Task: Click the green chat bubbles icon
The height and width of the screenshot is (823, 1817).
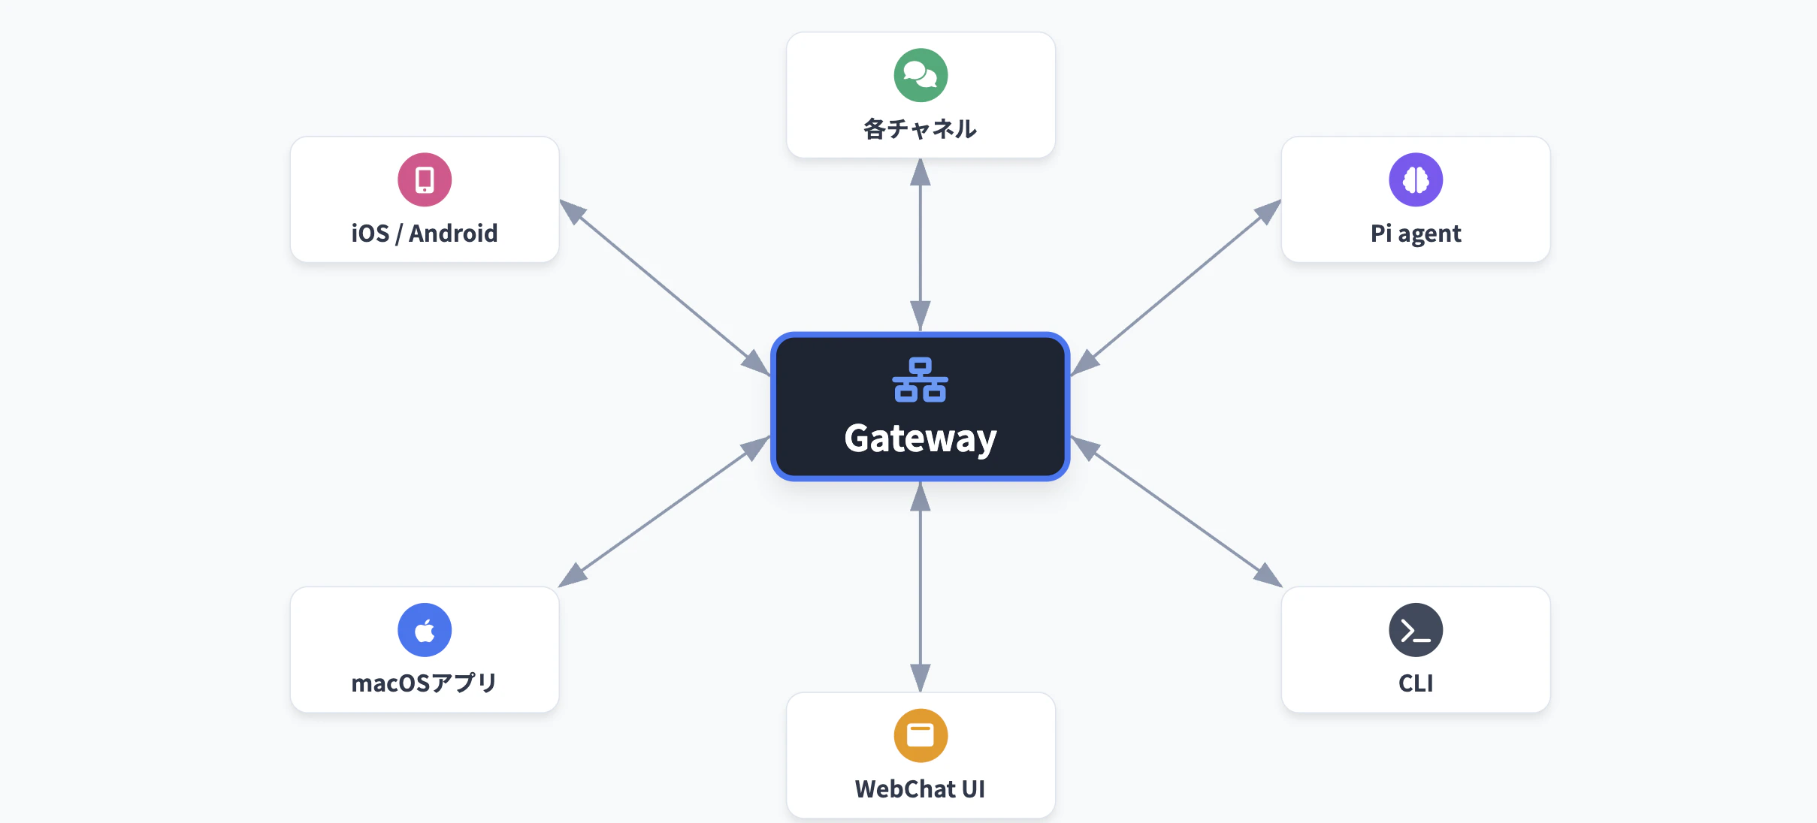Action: (x=921, y=75)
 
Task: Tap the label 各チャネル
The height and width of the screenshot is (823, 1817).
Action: (x=921, y=129)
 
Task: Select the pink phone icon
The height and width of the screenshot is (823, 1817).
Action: (x=425, y=179)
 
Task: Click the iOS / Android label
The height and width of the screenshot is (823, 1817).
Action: (x=425, y=234)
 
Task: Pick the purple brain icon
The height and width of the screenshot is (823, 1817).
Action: (x=1416, y=179)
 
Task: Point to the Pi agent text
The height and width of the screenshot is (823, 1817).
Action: (x=1416, y=234)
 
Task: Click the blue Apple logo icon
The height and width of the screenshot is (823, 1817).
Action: (x=425, y=630)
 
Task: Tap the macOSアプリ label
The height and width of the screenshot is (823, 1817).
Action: (x=425, y=683)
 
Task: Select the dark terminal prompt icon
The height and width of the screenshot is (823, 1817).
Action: (x=1416, y=630)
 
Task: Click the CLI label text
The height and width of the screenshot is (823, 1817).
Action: (x=1416, y=683)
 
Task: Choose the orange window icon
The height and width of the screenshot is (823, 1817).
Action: (x=921, y=735)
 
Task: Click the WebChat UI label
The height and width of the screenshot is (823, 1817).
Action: (x=921, y=789)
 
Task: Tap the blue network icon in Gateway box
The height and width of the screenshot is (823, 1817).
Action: (x=921, y=380)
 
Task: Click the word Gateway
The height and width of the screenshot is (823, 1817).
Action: (x=921, y=439)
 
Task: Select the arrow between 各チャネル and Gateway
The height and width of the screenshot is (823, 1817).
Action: (x=921, y=245)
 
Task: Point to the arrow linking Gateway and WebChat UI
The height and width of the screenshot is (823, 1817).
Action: (x=921, y=586)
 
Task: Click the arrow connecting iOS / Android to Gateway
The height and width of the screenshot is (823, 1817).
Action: (x=665, y=288)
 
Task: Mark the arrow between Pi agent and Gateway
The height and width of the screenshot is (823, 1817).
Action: (x=1176, y=288)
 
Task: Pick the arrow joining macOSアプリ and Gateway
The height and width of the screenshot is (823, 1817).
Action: (x=665, y=511)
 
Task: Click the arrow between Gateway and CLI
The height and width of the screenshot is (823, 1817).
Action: (x=1176, y=511)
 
